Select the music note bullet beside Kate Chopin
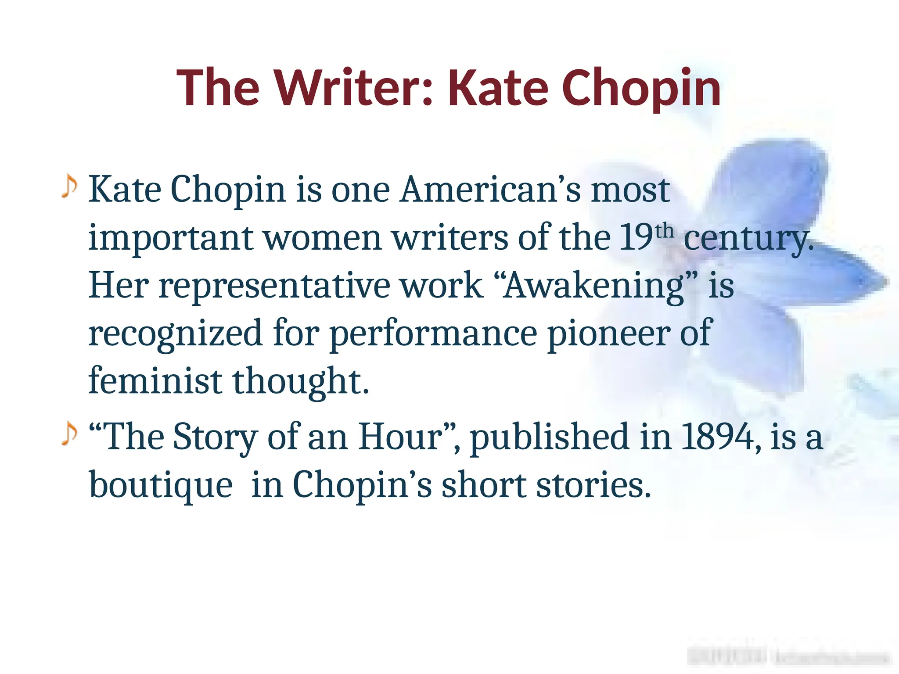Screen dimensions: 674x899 tap(69, 186)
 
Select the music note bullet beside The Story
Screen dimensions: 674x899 tap(69, 434)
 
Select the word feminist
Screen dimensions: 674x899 tap(155, 381)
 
